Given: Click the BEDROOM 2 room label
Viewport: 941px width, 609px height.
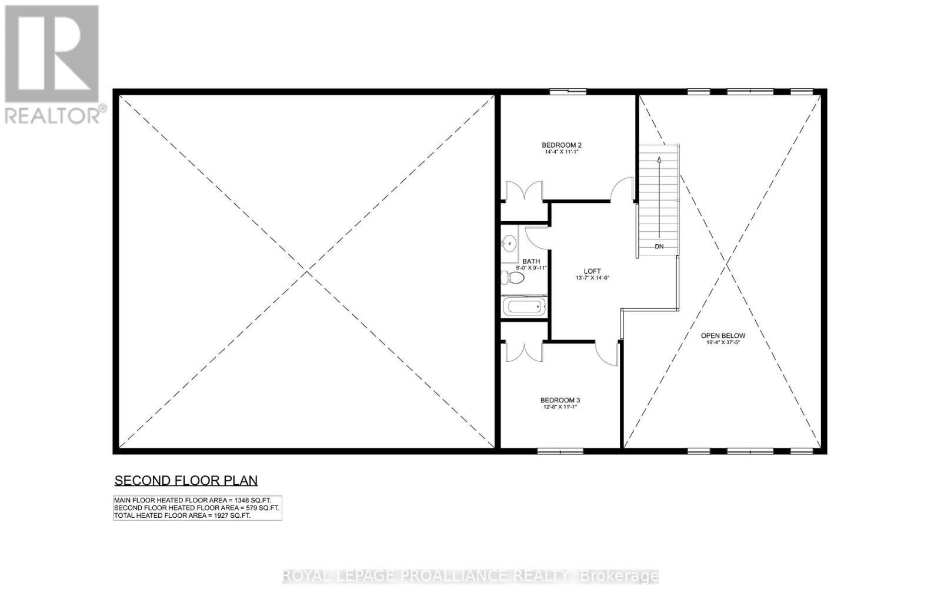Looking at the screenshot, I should pos(561,145).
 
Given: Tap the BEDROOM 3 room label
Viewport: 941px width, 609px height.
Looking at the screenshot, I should pos(560,400).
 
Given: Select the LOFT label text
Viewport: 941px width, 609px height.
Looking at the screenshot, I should pos(592,271).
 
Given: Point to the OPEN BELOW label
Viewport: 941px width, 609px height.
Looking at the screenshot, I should pos(723,335).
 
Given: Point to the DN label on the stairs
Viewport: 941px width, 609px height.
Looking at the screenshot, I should pos(659,247).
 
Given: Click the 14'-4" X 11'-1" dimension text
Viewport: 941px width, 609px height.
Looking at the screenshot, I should pos(561,152).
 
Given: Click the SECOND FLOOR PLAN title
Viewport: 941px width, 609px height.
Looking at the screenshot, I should pos(186,480).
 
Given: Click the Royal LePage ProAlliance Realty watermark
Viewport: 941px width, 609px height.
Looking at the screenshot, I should pos(470,576).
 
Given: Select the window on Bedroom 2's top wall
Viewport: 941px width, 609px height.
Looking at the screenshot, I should pos(568,92).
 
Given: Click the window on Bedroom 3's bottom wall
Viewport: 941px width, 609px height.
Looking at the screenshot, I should pos(560,451).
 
